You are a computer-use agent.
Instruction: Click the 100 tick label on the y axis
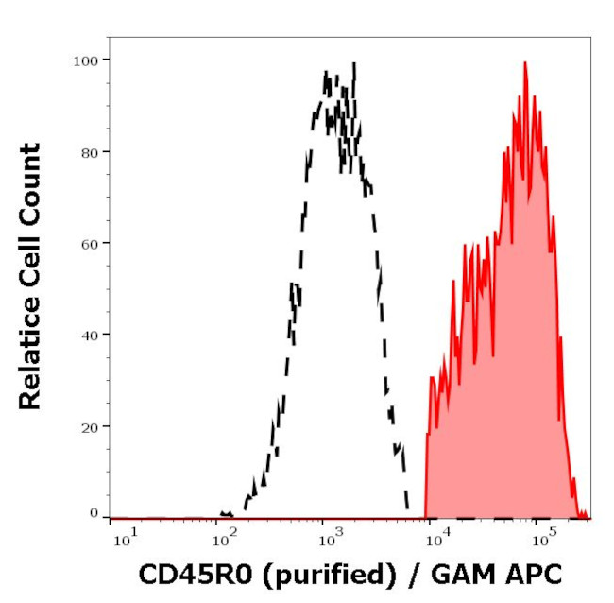(x=85, y=60)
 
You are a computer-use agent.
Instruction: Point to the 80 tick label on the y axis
(x=89, y=151)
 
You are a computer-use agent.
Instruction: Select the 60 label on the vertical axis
(x=89, y=243)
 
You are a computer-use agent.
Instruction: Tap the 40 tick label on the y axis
(x=89, y=335)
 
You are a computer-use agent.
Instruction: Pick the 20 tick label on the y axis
(x=89, y=426)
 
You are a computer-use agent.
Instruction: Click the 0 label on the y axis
(x=94, y=513)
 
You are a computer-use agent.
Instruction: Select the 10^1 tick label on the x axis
(x=124, y=539)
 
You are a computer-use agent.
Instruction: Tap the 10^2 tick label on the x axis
(x=224, y=539)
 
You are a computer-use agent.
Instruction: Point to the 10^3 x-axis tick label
(x=329, y=539)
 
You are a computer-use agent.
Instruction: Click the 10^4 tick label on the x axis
(x=435, y=539)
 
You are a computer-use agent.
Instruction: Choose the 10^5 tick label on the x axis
(x=541, y=539)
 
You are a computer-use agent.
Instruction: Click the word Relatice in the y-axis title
(x=30, y=361)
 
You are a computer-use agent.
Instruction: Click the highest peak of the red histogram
(x=524, y=63)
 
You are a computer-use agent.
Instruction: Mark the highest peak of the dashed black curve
(x=353, y=64)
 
